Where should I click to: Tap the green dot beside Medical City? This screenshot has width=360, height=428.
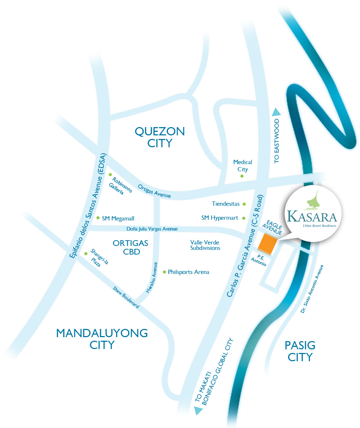242,176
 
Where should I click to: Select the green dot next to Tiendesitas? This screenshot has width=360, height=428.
244,204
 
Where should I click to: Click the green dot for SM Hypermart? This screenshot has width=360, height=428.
244,218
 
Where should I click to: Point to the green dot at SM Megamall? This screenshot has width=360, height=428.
98,218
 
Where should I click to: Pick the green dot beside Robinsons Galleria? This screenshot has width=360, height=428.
110,175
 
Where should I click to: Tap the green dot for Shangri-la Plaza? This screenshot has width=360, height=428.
85,253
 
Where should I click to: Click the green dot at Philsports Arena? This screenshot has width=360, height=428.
164,272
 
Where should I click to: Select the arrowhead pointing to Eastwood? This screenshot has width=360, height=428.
276,112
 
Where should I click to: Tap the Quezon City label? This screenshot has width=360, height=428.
160,137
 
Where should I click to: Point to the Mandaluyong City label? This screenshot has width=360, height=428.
102,339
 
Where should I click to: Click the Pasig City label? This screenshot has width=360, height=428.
300,351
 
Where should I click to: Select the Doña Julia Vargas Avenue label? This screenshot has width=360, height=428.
152,229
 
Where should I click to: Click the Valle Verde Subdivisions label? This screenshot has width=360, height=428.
205,245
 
